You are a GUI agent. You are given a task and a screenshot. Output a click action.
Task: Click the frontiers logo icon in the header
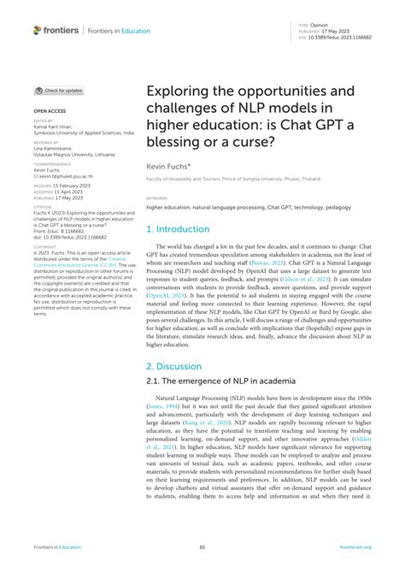pyautogui.click(x=38, y=30)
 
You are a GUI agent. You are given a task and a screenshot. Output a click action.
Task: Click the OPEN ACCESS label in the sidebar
pyautogui.click(x=50, y=111)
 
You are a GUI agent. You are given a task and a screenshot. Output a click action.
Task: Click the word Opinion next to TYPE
pyautogui.click(x=320, y=27)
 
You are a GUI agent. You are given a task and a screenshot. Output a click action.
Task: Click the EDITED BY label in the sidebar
pyautogui.click(x=44, y=121)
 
